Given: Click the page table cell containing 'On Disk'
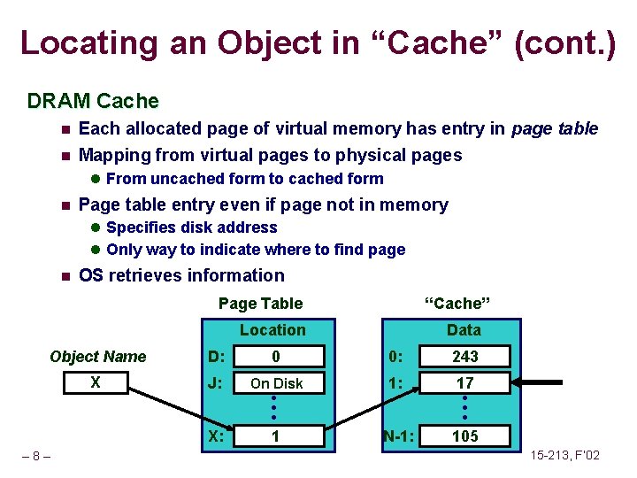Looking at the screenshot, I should coord(276,383).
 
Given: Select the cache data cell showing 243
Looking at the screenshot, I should coord(464,357).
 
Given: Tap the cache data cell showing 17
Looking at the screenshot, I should coord(464,383).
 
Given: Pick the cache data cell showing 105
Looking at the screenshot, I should coord(464,436).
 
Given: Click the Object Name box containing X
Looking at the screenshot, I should coord(97,383).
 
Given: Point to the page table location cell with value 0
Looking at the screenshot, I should coord(276,357).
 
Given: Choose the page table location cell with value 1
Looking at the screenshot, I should coord(276,436).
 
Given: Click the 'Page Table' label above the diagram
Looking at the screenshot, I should coord(260,304).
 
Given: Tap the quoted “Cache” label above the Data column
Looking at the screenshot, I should coord(457,304).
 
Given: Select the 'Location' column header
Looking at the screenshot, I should coord(272,330).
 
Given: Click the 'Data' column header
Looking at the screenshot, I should coord(464,330).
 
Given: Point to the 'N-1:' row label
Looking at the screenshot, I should coord(400,436).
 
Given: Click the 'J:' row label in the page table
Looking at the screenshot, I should coord(215,383).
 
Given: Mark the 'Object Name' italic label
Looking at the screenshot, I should coord(97,357).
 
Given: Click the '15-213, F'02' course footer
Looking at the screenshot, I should coord(564,456).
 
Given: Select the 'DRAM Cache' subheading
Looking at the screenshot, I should coord(93,101).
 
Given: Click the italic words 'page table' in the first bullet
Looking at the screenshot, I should coord(556,129).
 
